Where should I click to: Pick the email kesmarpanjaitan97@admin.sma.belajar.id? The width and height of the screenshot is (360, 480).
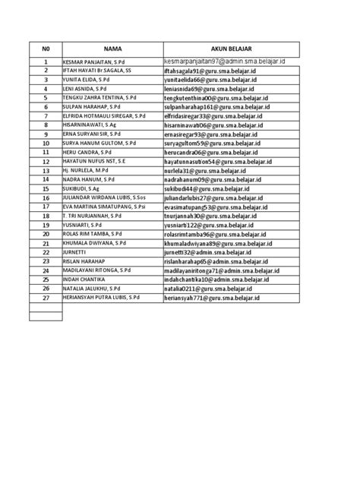(x=229, y=61)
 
